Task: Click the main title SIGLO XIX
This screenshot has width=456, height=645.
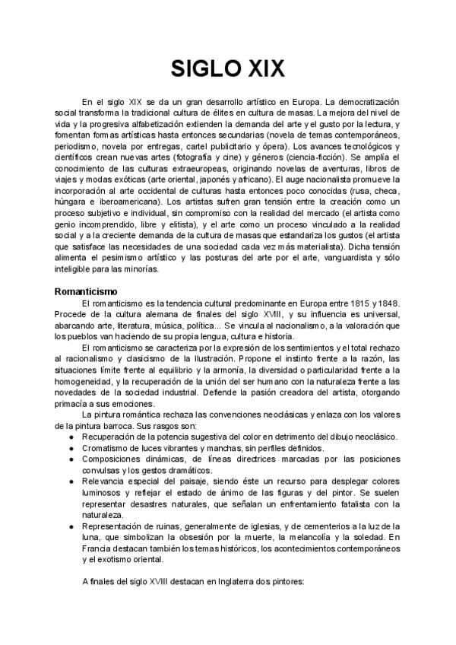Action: [228, 69]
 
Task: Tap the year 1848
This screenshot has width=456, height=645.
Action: [391, 304]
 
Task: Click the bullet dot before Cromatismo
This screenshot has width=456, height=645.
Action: [71, 450]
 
